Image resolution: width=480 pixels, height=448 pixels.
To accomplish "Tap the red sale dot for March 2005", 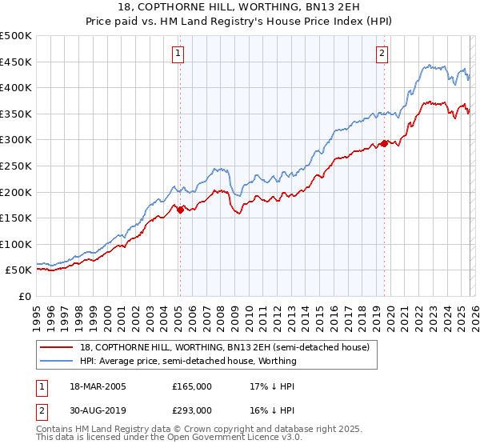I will click(180, 210).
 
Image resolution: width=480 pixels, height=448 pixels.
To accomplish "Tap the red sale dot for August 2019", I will click(384, 143).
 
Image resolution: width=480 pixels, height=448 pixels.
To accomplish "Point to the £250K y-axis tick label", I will click(17, 166).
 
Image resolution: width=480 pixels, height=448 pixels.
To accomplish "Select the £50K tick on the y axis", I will click(19, 270).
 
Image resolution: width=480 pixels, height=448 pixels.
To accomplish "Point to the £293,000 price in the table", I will click(192, 410).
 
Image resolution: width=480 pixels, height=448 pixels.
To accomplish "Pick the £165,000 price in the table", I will click(192, 386).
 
